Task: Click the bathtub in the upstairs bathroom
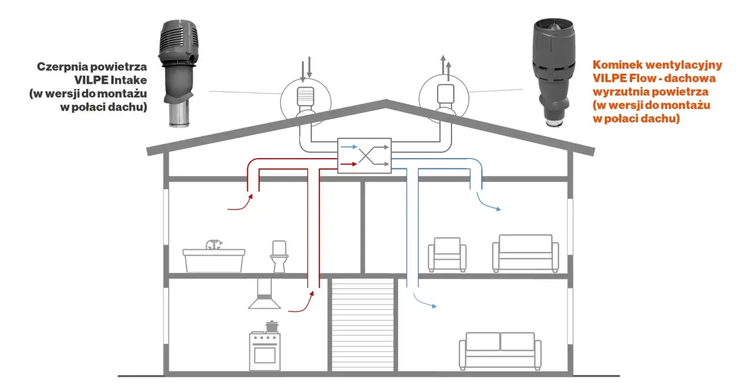[x=214, y=260]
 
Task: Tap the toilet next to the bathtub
[x=279, y=257]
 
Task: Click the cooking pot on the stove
[x=271, y=326]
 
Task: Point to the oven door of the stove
[x=264, y=355]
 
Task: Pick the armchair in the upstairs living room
[x=447, y=254]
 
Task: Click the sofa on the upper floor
[x=525, y=253]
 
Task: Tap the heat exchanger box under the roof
[x=364, y=156]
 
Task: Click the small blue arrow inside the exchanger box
[x=349, y=147]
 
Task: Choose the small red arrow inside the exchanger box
[x=349, y=164]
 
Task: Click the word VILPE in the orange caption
[x=609, y=78]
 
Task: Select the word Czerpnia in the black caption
[x=62, y=67]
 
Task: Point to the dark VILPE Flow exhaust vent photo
[x=554, y=73]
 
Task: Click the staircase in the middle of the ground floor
[x=363, y=325]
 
